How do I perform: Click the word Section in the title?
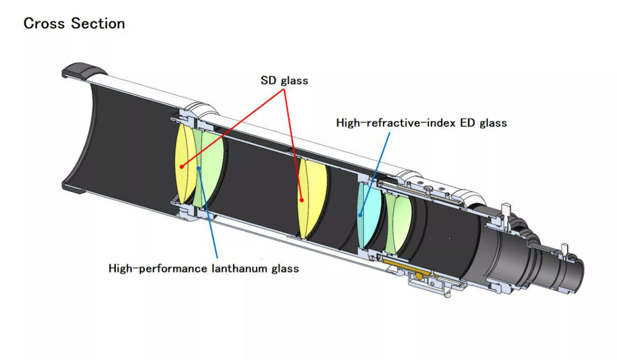98,24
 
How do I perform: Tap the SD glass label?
284,81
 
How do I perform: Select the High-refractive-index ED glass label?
421,123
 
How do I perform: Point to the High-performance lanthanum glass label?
204,268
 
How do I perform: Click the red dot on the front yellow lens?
183,167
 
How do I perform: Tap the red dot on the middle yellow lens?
302,200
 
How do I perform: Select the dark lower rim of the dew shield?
76,187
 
